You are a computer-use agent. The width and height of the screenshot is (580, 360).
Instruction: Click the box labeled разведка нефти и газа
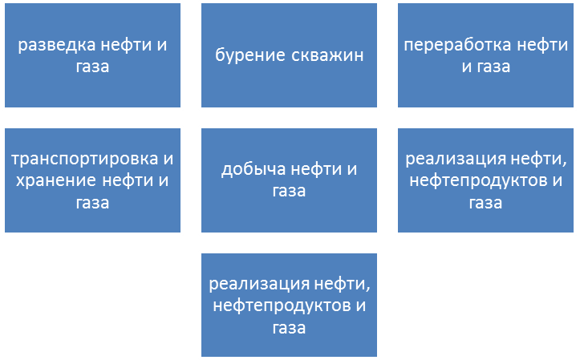92,56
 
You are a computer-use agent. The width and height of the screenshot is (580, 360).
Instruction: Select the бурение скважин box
289,56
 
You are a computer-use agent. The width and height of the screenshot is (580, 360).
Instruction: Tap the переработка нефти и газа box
486,56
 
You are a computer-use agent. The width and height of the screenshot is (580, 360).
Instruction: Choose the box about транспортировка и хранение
92,180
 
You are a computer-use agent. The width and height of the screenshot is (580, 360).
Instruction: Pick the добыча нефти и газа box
289,180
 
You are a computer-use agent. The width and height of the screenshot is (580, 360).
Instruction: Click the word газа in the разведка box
92,67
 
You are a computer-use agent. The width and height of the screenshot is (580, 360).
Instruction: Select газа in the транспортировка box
92,202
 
